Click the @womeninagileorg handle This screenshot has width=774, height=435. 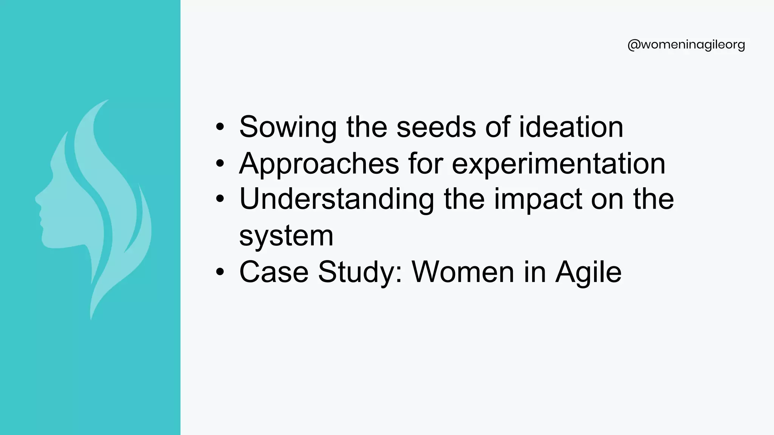pos(686,45)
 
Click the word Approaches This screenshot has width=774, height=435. pos(319,164)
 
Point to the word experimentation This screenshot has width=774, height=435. pos(558,164)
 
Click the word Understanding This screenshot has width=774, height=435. pos(336,199)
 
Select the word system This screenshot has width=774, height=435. pos(286,236)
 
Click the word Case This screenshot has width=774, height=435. pos(274,272)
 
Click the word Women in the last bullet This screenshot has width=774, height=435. pos(463,272)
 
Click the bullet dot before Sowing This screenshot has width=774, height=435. pos(220,127)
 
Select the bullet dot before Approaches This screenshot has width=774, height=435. pos(220,164)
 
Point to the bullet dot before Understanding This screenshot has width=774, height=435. pos(220,199)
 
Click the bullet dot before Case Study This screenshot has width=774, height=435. pos(220,272)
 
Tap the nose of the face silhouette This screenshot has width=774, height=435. pos(36,198)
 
